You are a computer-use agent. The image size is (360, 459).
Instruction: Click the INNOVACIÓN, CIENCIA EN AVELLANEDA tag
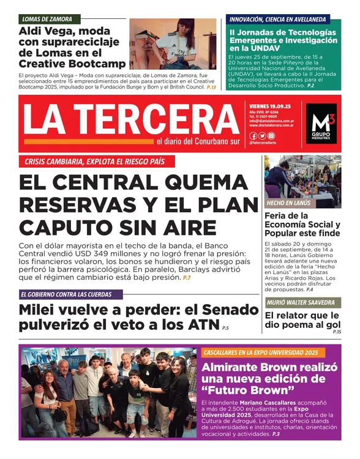pos(279,19)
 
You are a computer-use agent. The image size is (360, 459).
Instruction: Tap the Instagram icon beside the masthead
pos(271,136)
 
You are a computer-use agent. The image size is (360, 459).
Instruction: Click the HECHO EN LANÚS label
pos(288,203)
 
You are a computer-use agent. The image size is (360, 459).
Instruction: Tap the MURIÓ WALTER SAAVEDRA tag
pos(300,302)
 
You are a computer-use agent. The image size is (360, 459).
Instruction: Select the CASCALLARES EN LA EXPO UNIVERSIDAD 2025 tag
pos(260,353)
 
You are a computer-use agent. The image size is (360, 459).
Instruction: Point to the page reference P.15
pos(336,332)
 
